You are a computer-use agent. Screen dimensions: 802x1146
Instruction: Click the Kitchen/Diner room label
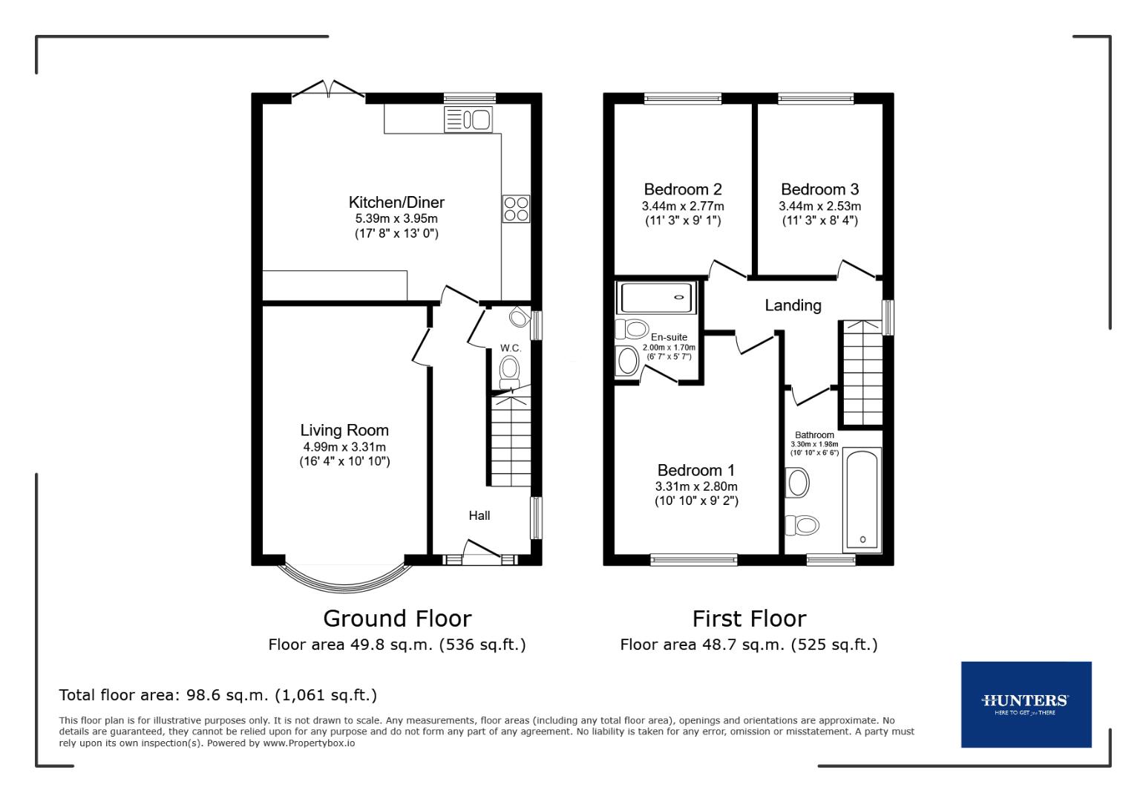pos(396,202)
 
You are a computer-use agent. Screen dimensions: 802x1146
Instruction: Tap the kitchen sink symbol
pos(468,119)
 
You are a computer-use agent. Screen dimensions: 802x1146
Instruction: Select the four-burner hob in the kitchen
pos(516,208)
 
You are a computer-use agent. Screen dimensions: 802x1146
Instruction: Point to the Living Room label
pos(344,430)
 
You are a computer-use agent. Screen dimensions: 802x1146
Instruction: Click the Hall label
pos(479,515)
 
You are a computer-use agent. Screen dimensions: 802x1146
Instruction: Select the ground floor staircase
pos(511,441)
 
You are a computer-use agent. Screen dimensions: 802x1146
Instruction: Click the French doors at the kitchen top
pos(329,90)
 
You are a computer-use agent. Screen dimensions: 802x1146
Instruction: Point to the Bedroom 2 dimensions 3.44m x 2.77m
pos(683,206)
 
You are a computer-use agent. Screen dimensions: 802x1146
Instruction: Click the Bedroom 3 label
pos(819,189)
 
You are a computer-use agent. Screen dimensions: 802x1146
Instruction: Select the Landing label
pos(793,305)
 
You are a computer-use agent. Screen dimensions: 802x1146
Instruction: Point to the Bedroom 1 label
pos(696,470)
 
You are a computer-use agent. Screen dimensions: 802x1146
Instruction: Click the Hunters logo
pos(1026,704)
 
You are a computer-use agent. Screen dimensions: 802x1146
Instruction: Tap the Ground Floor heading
pos(397,618)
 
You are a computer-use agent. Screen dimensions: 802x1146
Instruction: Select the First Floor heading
pos(749,618)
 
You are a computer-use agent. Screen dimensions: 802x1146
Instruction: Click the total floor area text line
pos(218,695)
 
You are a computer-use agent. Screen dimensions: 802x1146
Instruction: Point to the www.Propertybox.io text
pos(309,743)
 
